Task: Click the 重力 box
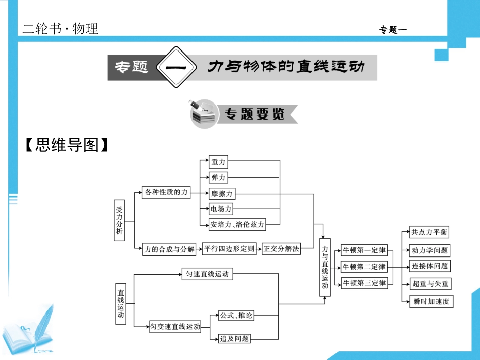(219, 162)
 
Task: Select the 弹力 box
(219, 177)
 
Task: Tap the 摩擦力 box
(222, 193)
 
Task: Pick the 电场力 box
(222, 209)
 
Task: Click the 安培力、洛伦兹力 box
(237, 225)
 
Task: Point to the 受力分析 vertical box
(119, 221)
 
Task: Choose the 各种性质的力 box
(166, 192)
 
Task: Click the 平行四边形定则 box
(229, 248)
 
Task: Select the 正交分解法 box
(281, 248)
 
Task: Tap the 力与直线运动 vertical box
(325, 268)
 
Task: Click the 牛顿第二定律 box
(364, 266)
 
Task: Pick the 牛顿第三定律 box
(364, 283)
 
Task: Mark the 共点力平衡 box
(429, 232)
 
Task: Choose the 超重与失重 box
(430, 284)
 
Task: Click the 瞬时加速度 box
(430, 301)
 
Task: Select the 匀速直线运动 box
(207, 274)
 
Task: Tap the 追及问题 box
(234, 338)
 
